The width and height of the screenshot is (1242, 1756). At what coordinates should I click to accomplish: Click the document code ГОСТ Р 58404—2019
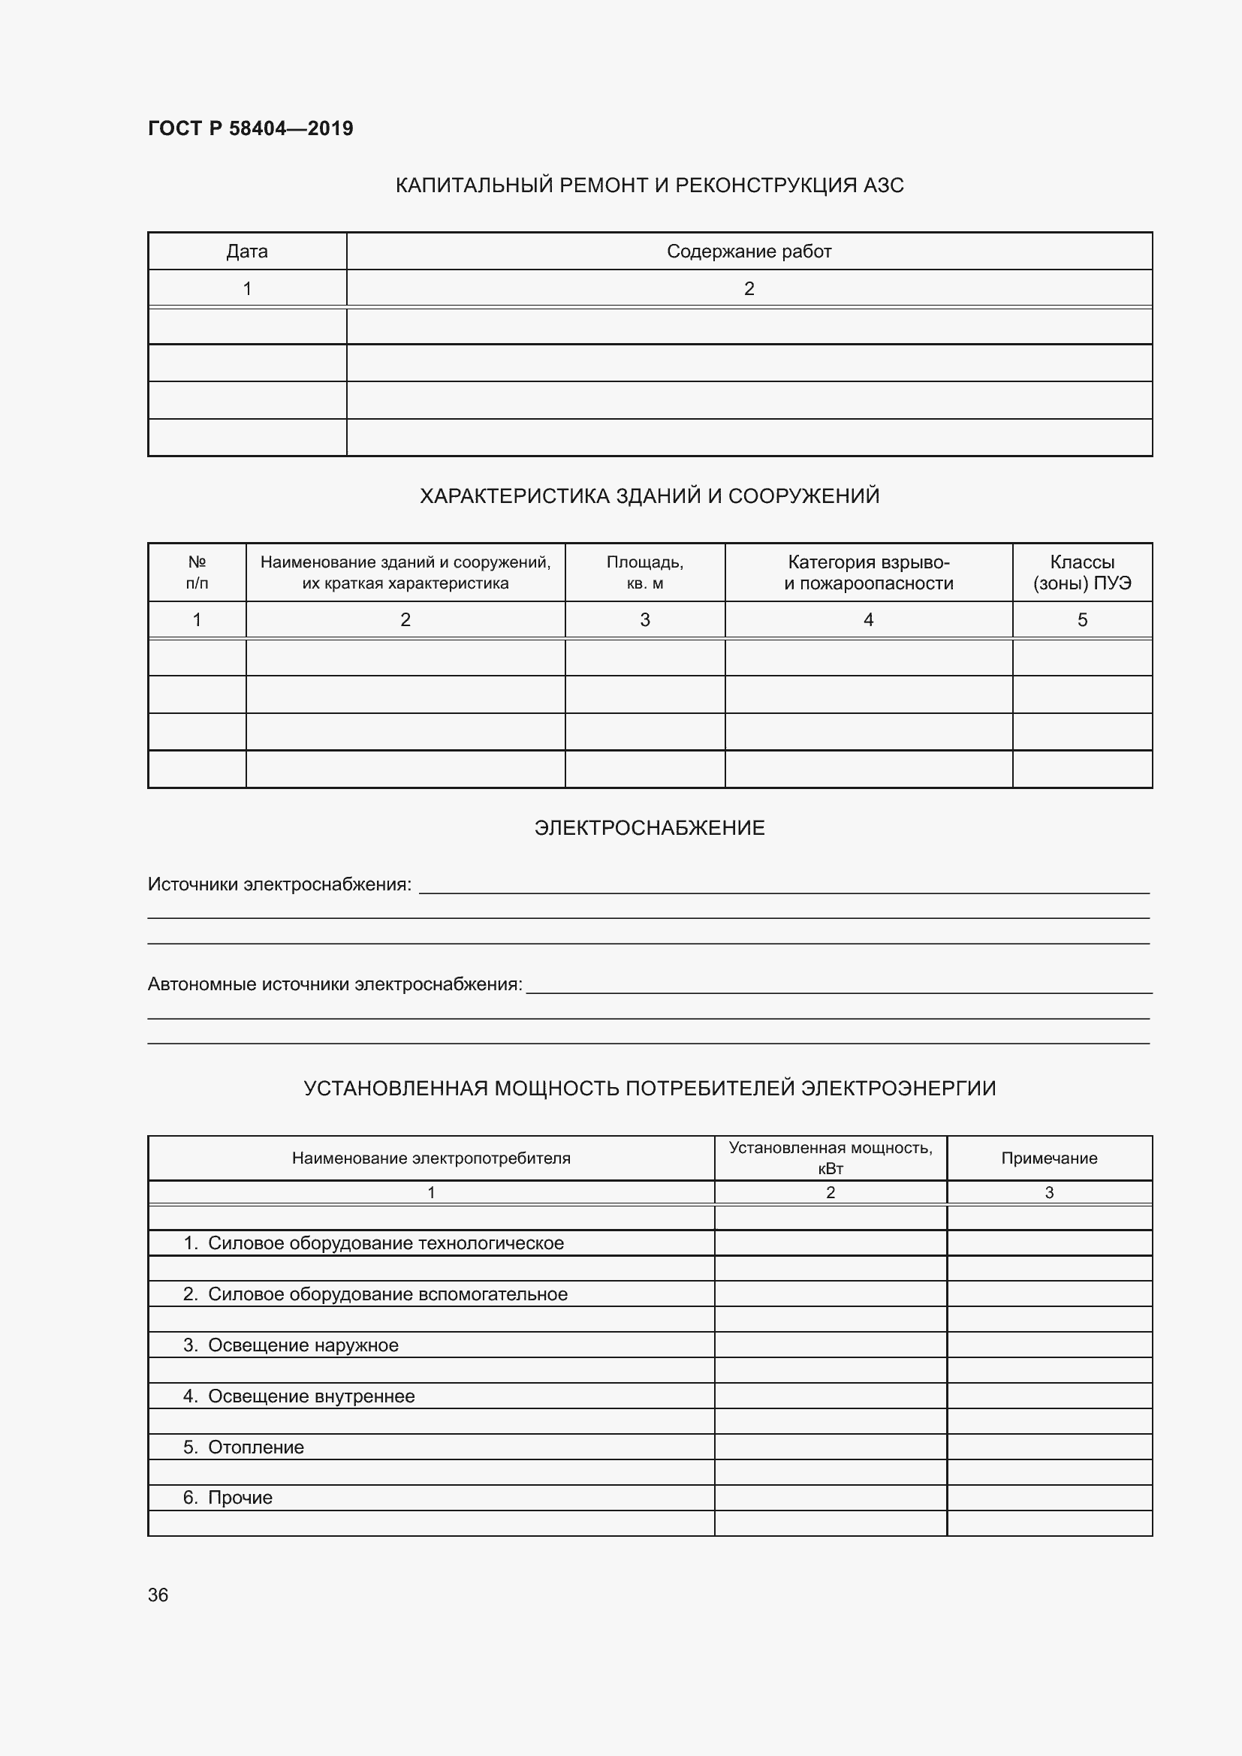pyautogui.click(x=250, y=128)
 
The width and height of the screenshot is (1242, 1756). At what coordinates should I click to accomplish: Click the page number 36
pyautogui.click(x=158, y=1595)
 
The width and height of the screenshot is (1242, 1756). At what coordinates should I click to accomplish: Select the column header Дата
pyautogui.click(x=246, y=252)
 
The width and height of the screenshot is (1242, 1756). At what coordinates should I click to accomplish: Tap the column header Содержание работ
pyautogui.click(x=748, y=252)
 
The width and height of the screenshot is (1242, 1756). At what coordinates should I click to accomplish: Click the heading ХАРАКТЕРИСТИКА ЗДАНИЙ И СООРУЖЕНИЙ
pyautogui.click(x=650, y=496)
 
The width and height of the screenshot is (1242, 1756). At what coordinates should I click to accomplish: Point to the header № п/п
pyautogui.click(x=197, y=572)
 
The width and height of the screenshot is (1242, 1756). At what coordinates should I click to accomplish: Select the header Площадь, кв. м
pyautogui.click(x=644, y=572)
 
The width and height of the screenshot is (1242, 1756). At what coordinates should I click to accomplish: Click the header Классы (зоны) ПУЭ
pyautogui.click(x=1081, y=572)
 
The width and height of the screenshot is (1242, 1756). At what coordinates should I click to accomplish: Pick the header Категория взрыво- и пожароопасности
pyautogui.click(x=868, y=572)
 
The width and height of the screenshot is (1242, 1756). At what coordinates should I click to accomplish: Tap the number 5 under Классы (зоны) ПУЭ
pyautogui.click(x=1081, y=619)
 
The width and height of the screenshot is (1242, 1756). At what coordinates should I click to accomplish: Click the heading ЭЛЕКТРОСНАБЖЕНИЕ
pyautogui.click(x=650, y=827)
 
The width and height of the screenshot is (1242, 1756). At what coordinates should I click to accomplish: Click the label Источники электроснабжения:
pyautogui.click(x=279, y=885)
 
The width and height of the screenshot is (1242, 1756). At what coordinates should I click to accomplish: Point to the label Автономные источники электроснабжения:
pyautogui.click(x=334, y=984)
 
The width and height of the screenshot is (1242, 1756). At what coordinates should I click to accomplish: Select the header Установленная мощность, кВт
pyautogui.click(x=830, y=1158)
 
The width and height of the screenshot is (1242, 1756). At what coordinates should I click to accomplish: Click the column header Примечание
pyautogui.click(x=1048, y=1158)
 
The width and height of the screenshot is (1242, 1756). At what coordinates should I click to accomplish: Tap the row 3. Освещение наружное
pyautogui.click(x=291, y=1345)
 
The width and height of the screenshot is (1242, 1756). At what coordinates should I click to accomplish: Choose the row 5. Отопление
pyautogui.click(x=243, y=1447)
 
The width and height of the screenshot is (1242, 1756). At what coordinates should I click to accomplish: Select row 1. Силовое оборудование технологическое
pyautogui.click(x=373, y=1242)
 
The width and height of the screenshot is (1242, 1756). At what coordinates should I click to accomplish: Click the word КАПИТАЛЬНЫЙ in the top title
pyautogui.click(x=473, y=185)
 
